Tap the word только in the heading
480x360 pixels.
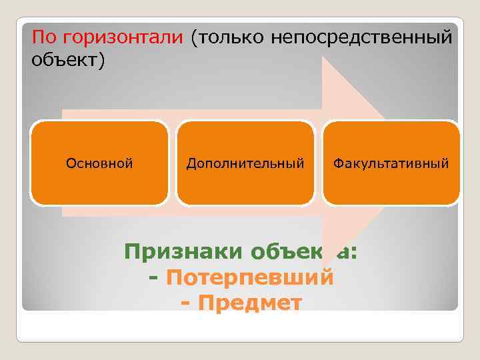click(x=230, y=37)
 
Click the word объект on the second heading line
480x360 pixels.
click(x=64, y=61)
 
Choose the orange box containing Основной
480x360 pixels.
click(x=99, y=163)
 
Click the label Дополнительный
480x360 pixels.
click(x=245, y=163)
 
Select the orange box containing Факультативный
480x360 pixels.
click(x=391, y=163)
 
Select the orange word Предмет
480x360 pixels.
click(x=250, y=303)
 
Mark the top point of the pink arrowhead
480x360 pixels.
click(x=324, y=59)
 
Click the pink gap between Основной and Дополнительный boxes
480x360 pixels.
click(x=172, y=163)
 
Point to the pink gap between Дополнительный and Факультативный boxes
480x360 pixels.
click(x=318, y=163)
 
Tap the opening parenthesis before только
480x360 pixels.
click(x=194, y=37)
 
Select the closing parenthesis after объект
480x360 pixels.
click(x=102, y=61)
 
